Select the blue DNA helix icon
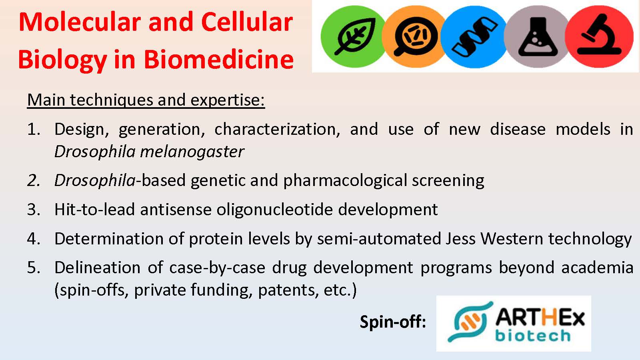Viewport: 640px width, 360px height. click(474, 36)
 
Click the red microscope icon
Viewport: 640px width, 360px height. click(600, 36)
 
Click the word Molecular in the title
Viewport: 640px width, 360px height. click(80, 22)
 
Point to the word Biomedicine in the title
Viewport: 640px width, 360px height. click(218, 60)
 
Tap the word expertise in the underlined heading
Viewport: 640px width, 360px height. click(228, 100)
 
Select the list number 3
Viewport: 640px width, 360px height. click(34, 210)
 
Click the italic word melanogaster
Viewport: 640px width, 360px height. click(192, 152)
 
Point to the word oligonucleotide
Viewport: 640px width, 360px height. click(274, 210)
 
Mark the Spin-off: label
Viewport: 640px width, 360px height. click(393, 322)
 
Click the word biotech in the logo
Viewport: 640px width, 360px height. click(533, 336)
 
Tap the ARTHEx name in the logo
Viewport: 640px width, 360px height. click(540, 318)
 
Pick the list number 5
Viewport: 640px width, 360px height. click(34, 268)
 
